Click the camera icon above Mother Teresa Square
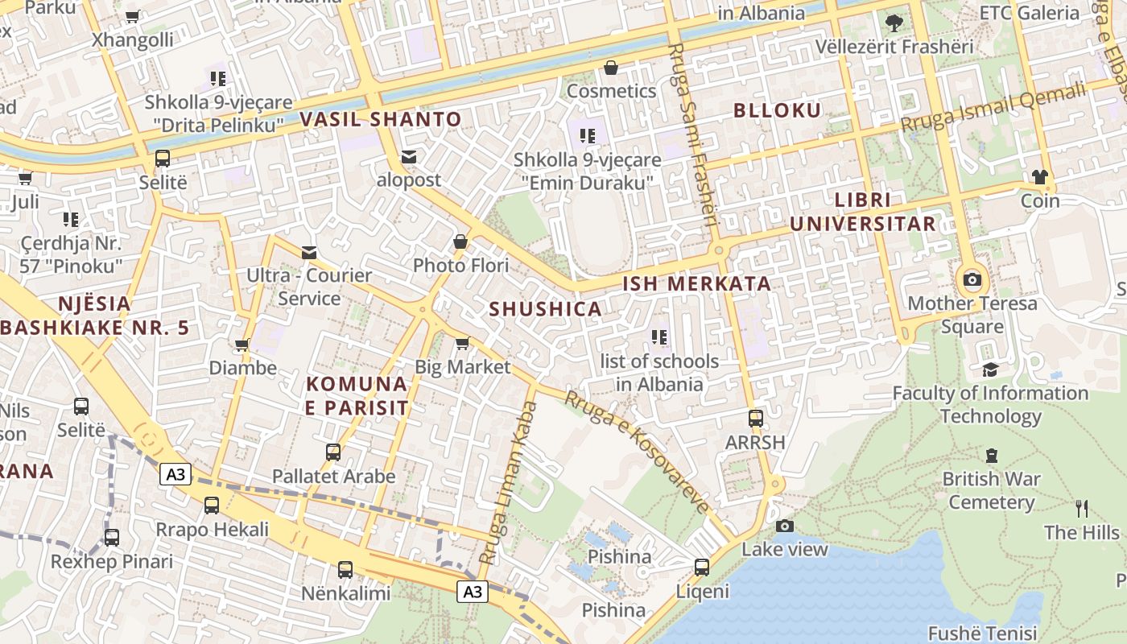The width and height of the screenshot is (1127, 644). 972,280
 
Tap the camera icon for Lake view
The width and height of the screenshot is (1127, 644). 784,526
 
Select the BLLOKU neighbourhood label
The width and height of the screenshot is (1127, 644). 778,111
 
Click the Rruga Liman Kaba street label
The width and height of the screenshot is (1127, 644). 508,483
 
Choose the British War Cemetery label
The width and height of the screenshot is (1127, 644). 992,490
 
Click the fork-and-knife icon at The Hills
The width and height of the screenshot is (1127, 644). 1082,508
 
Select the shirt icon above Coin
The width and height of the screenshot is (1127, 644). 1040,176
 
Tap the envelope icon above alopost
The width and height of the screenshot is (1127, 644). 409,157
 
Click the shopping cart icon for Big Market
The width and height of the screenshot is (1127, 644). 462,344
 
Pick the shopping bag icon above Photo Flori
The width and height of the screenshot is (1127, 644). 460,242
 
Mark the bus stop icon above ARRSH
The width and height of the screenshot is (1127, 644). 755,419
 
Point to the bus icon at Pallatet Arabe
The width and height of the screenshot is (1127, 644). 333,452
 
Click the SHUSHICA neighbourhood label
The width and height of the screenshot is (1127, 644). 546,309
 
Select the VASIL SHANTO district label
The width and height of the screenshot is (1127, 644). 381,120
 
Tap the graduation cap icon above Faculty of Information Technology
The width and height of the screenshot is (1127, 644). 990,369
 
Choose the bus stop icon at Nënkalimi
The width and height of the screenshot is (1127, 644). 345,570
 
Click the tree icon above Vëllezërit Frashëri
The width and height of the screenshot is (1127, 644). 894,23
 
